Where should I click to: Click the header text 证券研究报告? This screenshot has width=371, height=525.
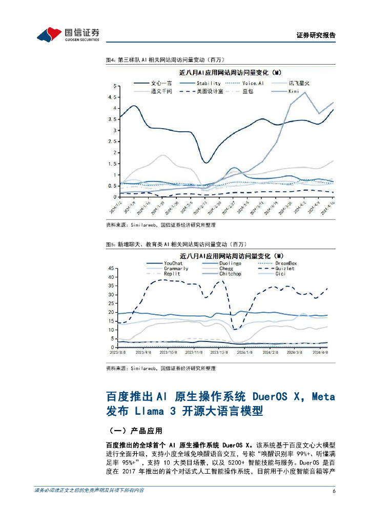tap(316, 35)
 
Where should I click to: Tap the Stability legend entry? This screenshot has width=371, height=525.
tap(209, 83)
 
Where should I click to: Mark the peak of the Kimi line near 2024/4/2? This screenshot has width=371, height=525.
tap(305, 92)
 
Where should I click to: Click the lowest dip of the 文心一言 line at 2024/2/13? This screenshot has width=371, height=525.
tap(206, 163)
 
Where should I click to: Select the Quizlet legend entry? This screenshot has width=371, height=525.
tap(285, 268)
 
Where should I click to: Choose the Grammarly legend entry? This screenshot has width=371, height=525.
tap(176, 268)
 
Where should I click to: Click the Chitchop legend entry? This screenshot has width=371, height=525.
tap(230, 274)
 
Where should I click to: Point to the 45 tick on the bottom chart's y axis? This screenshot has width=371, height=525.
tap(112, 269)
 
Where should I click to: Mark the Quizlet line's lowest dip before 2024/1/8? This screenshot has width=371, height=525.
tap(235, 329)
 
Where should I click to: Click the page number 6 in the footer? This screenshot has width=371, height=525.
tap(334, 491)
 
